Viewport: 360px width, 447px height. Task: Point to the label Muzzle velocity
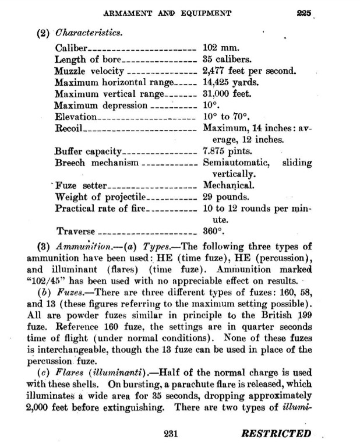tap(89, 71)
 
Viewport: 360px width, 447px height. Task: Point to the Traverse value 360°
tap(213, 231)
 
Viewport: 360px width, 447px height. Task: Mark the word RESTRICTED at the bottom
tap(276, 434)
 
